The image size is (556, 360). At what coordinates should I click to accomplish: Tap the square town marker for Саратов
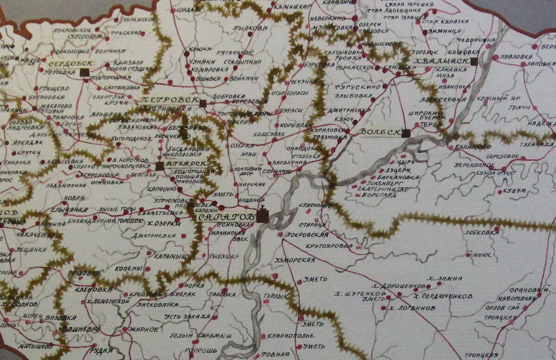[x=263, y=216]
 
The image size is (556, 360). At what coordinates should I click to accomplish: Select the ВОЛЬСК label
[x=379, y=132]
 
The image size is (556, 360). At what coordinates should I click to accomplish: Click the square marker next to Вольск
[x=406, y=133]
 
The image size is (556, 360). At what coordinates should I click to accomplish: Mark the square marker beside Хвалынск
[x=474, y=62]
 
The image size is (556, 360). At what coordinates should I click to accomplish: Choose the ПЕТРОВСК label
[x=169, y=100]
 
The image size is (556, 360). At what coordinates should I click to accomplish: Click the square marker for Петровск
[x=202, y=103]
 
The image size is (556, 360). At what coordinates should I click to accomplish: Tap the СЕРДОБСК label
[x=70, y=63]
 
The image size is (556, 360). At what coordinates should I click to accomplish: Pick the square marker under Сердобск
[x=84, y=72]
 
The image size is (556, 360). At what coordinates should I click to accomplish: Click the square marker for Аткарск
[x=160, y=166]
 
